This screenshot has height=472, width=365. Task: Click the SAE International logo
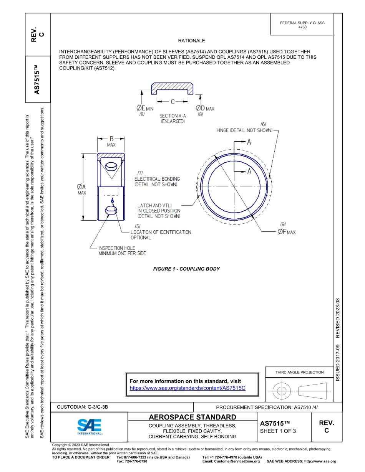point(90,426)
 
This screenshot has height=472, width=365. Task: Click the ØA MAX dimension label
point(82,189)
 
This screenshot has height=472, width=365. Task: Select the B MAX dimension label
point(111,141)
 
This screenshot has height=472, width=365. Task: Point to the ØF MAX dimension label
point(286,232)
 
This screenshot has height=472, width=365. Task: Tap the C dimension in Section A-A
point(173,102)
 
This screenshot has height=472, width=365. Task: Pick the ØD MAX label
point(205,109)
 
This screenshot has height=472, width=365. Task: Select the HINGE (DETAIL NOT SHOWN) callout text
point(244,130)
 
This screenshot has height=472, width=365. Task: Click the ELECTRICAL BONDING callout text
point(157,182)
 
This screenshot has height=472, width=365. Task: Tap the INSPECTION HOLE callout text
point(122,251)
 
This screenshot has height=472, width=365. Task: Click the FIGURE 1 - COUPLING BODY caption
point(186,269)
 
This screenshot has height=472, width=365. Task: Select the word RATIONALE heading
point(191,41)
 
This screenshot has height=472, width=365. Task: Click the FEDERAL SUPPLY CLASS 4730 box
point(302,25)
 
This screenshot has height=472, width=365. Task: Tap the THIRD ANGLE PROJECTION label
point(299,372)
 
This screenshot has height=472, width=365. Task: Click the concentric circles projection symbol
point(282,391)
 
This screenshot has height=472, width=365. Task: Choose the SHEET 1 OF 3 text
point(278,431)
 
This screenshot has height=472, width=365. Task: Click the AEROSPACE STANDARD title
point(192,417)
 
